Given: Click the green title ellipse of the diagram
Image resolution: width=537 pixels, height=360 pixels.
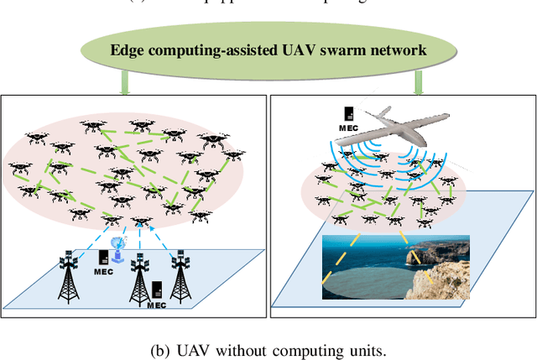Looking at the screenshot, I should (x=268, y=48).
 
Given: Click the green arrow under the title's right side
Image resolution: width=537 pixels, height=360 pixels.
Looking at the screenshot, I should (x=418, y=81).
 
